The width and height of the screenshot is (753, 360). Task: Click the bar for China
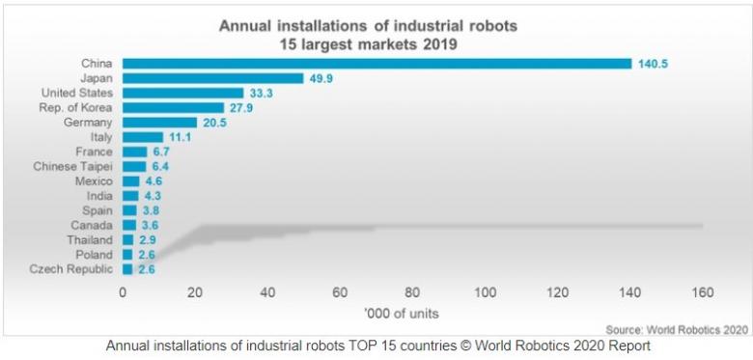pos(376,64)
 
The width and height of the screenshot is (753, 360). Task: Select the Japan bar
pos(212,78)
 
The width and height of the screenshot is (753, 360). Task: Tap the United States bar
pos(182,93)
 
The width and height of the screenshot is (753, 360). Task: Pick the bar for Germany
pos(159,123)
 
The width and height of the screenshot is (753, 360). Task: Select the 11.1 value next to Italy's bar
pos(179,137)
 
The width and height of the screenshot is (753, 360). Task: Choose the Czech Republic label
pos(71,268)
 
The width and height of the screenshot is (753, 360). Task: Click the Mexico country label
pos(94,180)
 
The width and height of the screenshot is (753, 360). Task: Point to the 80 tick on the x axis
pos(412,292)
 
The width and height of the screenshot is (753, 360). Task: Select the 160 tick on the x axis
pos(702,292)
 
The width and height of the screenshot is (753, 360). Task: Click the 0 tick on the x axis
pos(123,292)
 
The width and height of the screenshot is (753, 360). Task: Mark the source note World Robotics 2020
pos(676,329)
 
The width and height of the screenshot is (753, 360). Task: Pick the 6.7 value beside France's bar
pos(161,152)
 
